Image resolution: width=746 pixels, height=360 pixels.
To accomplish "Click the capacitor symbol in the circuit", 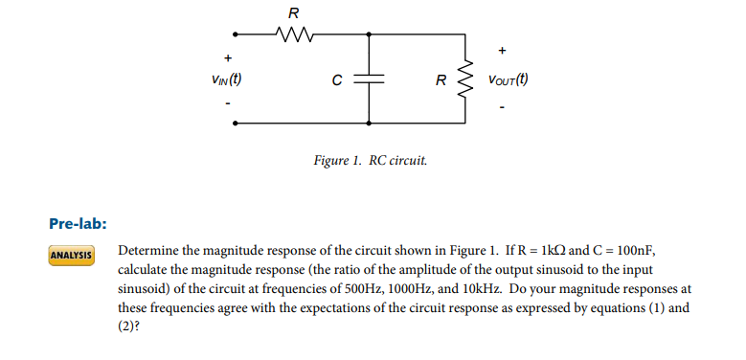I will (x=370, y=80).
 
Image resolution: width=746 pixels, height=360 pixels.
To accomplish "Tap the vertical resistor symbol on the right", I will (x=466, y=80).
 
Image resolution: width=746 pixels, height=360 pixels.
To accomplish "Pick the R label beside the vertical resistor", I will (x=440, y=81).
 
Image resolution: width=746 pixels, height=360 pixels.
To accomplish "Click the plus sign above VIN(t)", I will (x=227, y=57).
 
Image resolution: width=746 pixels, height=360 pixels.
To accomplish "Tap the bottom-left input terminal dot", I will (x=237, y=124).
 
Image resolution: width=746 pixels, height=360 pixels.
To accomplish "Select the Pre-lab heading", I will (x=77, y=224).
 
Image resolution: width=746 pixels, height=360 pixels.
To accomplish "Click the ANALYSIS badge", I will (x=72, y=256).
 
